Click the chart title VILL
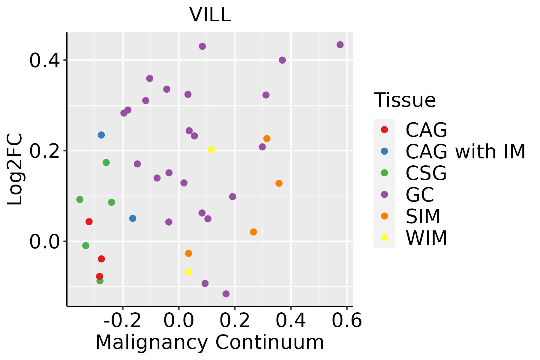pyautogui.click(x=210, y=14)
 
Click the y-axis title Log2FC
pyautogui.click(x=15, y=169)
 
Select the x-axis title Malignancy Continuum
pyautogui.click(x=210, y=342)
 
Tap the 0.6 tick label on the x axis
pyautogui.click(x=347, y=321)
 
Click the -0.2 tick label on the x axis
pyautogui.click(x=122, y=321)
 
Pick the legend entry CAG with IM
pyautogui.click(x=465, y=151)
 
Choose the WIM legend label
pyautogui.click(x=426, y=238)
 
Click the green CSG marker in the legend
pyautogui.click(x=384, y=173)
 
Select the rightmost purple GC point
pyautogui.click(x=340, y=45)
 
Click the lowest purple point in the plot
pyautogui.click(x=226, y=294)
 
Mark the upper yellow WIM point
pyautogui.click(x=211, y=149)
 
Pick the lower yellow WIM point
pyautogui.click(x=188, y=272)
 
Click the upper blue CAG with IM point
pyautogui.click(x=101, y=135)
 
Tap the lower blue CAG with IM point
pyautogui.click(x=133, y=218)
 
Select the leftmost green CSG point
pyautogui.click(x=80, y=199)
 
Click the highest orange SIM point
pyautogui.click(x=267, y=139)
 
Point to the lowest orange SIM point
pyautogui.click(x=188, y=253)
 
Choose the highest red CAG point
pyautogui.click(x=89, y=222)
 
